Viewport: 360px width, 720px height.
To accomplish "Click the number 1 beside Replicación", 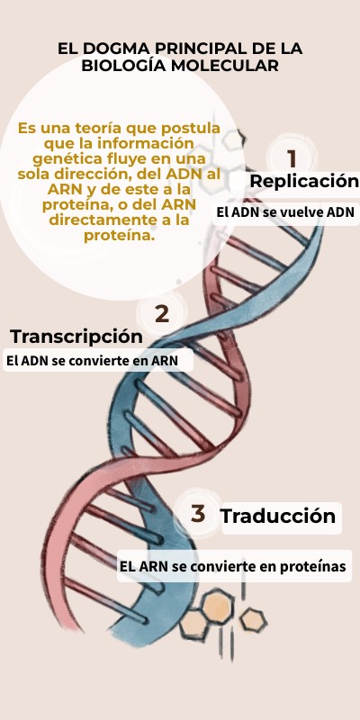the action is (x=292, y=159).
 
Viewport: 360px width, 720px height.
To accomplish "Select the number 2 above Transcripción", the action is (x=162, y=314).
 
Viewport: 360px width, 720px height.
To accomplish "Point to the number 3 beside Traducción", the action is (x=198, y=514).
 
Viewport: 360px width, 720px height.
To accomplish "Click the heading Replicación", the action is (x=304, y=181).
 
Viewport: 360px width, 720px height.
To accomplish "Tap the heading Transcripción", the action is (x=76, y=337).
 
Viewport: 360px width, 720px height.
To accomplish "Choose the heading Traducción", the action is (x=278, y=516).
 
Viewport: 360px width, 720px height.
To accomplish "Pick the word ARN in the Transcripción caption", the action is (x=165, y=361).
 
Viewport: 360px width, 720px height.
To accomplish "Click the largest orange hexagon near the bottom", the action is (x=218, y=607).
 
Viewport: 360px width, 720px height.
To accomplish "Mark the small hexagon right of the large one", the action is (x=253, y=620).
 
